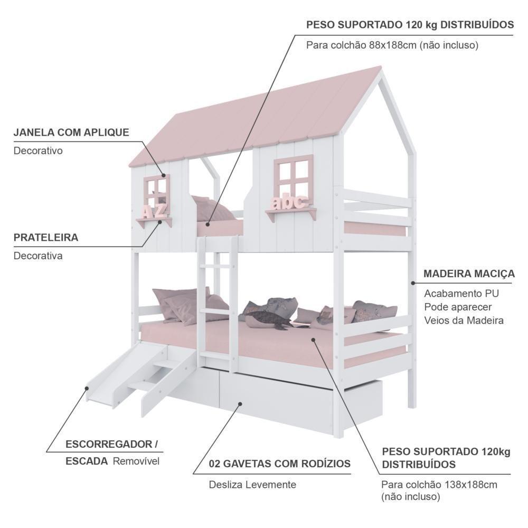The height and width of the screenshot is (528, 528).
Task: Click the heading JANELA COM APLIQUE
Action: [71, 133]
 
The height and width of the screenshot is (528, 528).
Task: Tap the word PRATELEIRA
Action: [46, 238]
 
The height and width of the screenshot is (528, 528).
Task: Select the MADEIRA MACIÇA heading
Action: [469, 274]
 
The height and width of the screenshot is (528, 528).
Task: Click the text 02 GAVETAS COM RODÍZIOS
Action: [280, 464]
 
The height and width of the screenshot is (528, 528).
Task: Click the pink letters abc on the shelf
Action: [289, 202]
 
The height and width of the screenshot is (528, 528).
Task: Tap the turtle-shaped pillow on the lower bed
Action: [266, 318]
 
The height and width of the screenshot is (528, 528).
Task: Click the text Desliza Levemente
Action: [252, 485]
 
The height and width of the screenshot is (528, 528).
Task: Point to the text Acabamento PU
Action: [461, 293]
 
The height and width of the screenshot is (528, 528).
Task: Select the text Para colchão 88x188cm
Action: [361, 45]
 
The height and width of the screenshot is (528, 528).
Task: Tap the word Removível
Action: [136, 461]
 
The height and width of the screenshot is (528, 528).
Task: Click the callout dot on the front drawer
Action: [240, 403]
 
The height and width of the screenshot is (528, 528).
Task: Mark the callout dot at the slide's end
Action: [87, 388]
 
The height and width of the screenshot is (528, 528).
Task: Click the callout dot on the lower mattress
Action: [313, 340]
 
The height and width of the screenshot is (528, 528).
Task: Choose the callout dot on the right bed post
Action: [413, 283]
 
